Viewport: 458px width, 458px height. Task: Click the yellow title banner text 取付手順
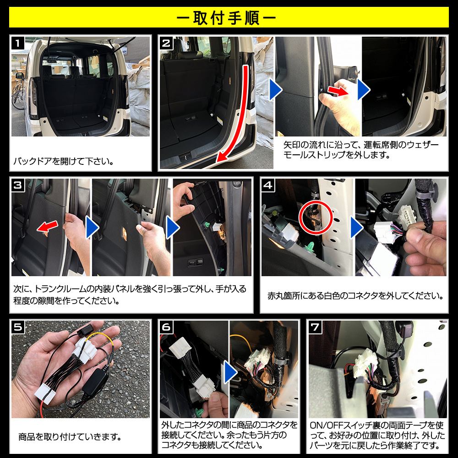[x=226, y=18]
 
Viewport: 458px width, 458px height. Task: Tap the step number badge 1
[x=18, y=43]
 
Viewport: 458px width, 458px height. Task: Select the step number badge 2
[x=166, y=43]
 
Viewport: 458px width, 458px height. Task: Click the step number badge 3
[x=18, y=185]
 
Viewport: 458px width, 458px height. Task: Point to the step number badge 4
[x=268, y=185]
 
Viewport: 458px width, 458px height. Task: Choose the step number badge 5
[x=18, y=327]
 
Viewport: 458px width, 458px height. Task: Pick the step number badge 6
[x=166, y=327]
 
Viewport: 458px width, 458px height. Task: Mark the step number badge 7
[x=315, y=327]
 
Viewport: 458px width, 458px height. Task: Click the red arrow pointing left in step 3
[x=47, y=226]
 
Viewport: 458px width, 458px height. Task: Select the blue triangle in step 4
[x=356, y=227]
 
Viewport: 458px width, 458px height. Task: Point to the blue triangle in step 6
[x=230, y=372]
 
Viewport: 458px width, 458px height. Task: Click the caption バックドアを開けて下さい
[x=63, y=161]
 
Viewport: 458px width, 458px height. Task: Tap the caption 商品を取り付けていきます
[x=70, y=437]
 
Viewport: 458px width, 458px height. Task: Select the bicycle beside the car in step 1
[x=18, y=94]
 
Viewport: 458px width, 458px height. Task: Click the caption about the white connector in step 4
[x=355, y=296]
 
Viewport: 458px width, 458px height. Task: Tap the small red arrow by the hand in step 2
[x=338, y=91]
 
